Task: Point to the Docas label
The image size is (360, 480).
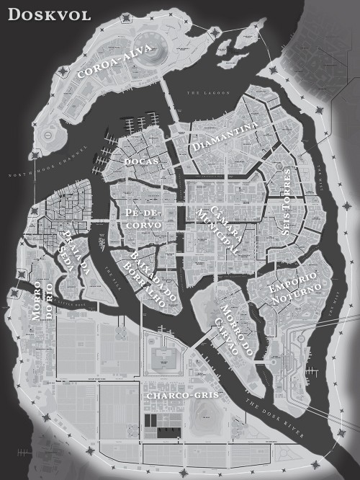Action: (x=141, y=161)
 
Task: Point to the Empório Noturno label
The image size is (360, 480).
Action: (x=292, y=288)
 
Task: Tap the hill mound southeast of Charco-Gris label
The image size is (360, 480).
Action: (x=209, y=412)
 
